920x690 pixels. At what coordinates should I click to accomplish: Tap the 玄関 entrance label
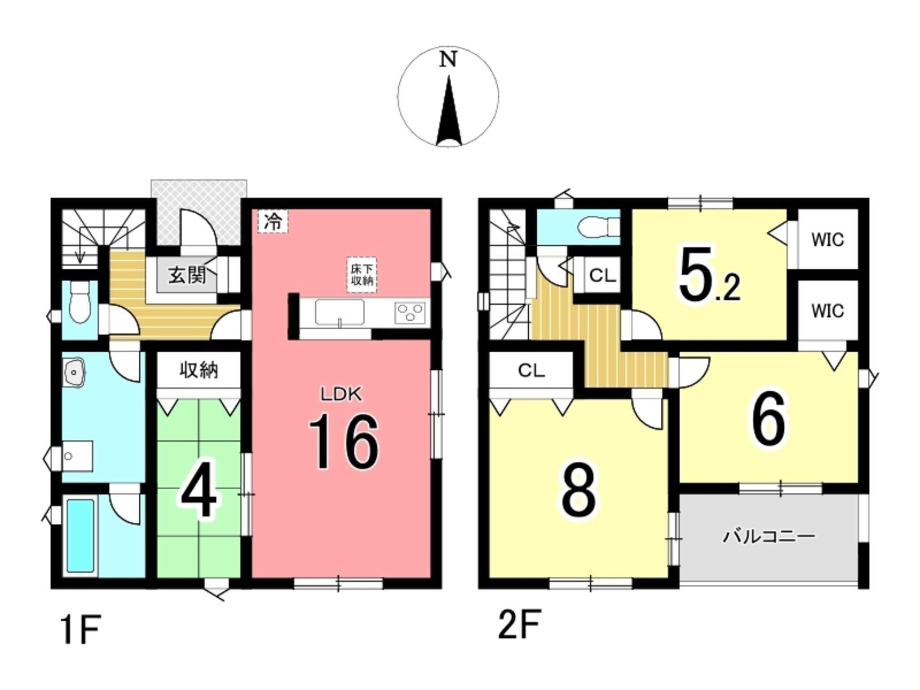187,275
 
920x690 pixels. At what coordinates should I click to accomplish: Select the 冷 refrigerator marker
273,222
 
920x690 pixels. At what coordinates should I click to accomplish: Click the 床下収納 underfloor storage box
362,275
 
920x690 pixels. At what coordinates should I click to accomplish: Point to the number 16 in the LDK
344,442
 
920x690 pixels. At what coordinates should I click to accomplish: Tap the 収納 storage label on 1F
199,370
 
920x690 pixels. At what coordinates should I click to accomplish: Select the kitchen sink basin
340,312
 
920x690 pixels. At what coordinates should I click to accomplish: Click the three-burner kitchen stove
409,313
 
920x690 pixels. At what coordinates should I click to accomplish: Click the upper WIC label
827,240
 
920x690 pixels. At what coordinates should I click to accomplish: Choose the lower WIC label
827,310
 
